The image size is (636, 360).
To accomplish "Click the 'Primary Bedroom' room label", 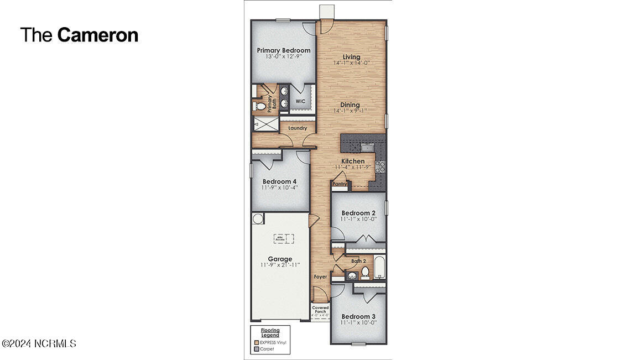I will pos(284,50).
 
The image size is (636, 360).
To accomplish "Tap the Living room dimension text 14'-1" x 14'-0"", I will pos(351,64).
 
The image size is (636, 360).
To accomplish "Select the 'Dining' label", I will pos(350,105).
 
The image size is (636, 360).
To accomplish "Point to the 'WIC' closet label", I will pos(300,101).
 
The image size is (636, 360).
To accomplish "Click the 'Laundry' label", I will pos(297,128).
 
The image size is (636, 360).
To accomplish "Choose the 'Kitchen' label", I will pos(352,161).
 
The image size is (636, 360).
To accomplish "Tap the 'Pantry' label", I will pos(340,184).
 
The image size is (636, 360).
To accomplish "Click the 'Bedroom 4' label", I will pos(279,181).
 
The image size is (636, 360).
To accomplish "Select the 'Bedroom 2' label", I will pos(358,213).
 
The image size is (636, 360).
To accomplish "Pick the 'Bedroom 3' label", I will pos(358,316).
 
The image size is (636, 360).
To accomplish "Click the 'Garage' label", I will pos(280,259).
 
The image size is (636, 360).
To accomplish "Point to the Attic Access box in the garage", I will pos(283,238).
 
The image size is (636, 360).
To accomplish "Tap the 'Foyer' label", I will pos(320,276).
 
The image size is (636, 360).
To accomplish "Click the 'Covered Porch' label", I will pos(320,310).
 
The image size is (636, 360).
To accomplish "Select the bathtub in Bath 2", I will pos(379,268).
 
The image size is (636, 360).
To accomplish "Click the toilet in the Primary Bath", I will pos(258,105).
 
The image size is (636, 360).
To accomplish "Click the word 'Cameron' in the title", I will pos(98,35).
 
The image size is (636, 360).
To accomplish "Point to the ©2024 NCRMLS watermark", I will pos(39,343).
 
